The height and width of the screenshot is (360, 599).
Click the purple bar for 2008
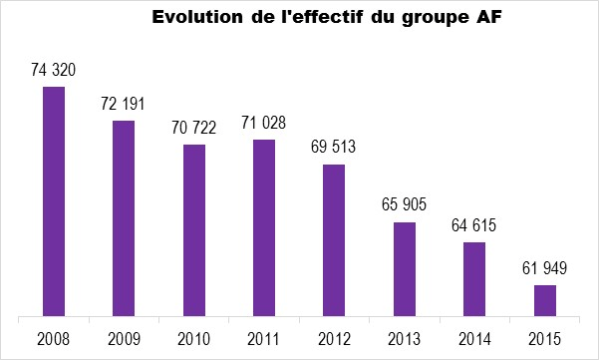[x=54, y=201]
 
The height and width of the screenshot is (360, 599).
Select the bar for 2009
[x=124, y=218]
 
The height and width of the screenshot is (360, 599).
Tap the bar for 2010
[x=194, y=230]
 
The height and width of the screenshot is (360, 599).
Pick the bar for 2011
[x=264, y=227]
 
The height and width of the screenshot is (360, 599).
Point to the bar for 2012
[x=334, y=240]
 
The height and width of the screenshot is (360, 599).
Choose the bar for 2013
[x=405, y=269]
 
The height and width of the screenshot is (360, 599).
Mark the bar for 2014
[x=474, y=279]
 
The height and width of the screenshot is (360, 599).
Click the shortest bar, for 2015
[x=545, y=301]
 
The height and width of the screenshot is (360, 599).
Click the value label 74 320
[x=54, y=70]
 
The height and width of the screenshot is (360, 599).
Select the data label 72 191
[x=123, y=104]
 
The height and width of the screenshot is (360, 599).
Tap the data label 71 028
[x=263, y=123]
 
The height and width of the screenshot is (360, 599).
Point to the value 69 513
[x=333, y=147]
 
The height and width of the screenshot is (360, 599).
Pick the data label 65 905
[x=404, y=204]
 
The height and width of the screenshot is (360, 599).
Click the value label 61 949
[x=545, y=268]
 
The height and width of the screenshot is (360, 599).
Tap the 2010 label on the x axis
[x=194, y=339]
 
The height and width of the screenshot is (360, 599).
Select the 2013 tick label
[x=405, y=339]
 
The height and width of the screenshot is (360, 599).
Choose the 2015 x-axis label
[x=545, y=339]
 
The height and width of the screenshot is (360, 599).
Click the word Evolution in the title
[x=197, y=17]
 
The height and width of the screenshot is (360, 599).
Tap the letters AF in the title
[x=488, y=17]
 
